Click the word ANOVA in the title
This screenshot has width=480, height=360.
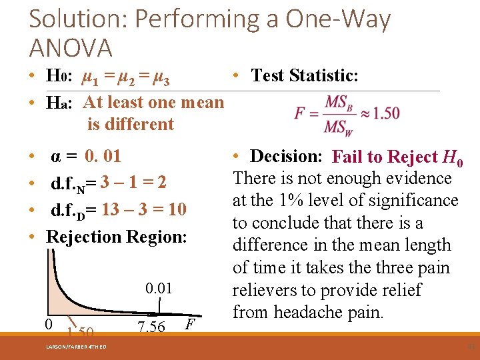click(x=71, y=48)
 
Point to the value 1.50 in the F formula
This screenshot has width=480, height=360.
click(x=387, y=113)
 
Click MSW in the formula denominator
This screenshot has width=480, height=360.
click(x=339, y=126)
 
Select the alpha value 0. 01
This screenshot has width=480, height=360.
click(x=103, y=157)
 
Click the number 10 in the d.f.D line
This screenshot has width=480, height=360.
click(x=177, y=210)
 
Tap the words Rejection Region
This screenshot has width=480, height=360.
click(x=116, y=237)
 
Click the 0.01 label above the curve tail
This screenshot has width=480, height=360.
click(x=159, y=289)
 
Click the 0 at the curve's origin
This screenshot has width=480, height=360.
click(x=49, y=324)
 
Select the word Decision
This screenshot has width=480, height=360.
click(x=286, y=156)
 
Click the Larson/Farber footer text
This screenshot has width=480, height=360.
click(x=76, y=345)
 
